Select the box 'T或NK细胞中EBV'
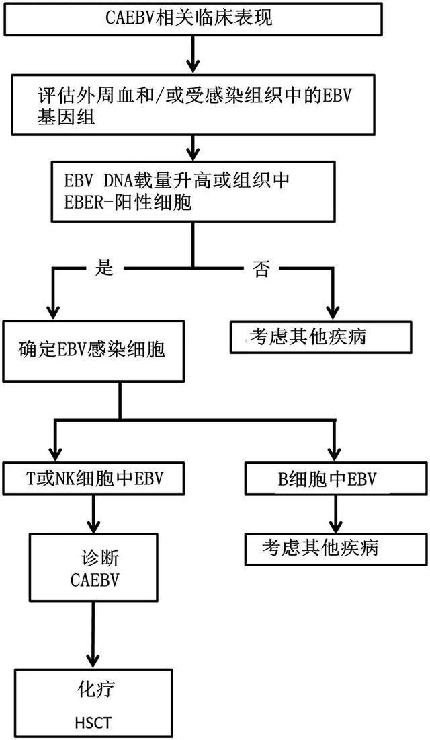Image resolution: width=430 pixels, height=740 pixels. click(94, 478)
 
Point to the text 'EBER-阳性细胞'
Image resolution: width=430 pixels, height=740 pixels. click(125, 202)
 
